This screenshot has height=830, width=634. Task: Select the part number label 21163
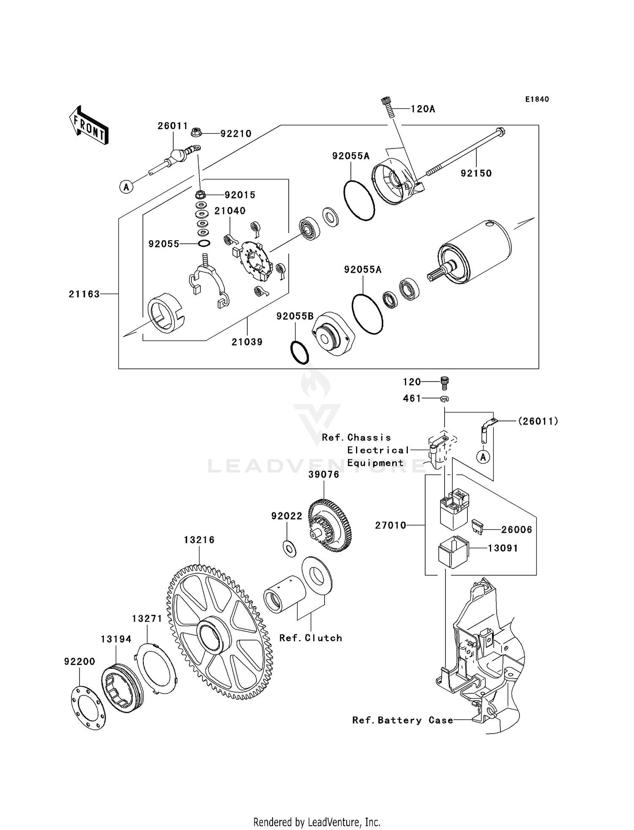click(84, 294)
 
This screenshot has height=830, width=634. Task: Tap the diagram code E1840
click(537, 99)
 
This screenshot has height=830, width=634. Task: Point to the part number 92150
click(476, 173)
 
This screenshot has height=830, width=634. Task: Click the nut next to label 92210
click(196, 133)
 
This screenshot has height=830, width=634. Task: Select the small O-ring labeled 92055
click(204, 244)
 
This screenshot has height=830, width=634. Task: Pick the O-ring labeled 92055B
click(300, 352)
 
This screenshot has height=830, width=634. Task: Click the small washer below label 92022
click(289, 549)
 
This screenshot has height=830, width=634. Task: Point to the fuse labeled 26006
click(476, 527)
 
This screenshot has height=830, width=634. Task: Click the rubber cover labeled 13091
click(453, 551)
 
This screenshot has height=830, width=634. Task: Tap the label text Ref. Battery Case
click(402, 720)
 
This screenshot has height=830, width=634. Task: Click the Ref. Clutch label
click(311, 638)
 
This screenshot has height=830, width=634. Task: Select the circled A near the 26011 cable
click(126, 187)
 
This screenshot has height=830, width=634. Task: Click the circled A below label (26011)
click(484, 457)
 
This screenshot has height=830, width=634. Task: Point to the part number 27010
click(391, 525)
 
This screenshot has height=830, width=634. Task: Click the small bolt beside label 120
click(444, 382)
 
